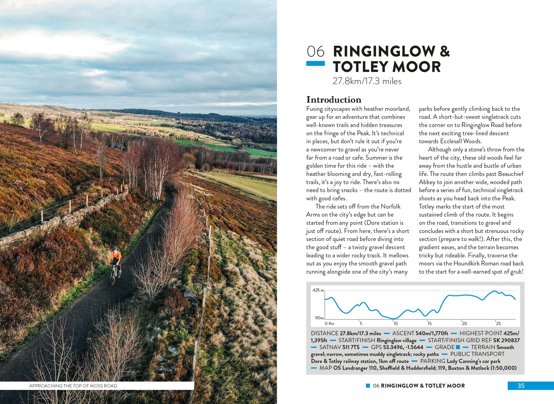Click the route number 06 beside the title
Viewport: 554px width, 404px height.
point(315,52)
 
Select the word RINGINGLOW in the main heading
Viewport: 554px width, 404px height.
point(384,52)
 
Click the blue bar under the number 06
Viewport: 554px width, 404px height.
point(315,63)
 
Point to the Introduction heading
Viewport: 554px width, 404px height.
point(334,100)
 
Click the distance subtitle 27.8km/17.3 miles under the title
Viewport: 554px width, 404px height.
point(367,81)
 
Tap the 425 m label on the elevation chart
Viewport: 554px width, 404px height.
point(318,290)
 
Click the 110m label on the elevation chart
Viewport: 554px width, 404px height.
point(319,318)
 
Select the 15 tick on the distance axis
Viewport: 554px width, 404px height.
point(430,323)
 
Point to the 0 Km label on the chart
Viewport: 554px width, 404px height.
point(329,323)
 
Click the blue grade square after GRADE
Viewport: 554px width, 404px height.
point(458,347)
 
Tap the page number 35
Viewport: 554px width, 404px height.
point(521,386)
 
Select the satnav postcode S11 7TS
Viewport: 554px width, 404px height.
point(351,347)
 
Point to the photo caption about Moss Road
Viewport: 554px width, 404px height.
point(73,386)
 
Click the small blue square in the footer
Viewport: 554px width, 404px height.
point(368,386)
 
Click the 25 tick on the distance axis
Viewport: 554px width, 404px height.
point(498,323)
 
